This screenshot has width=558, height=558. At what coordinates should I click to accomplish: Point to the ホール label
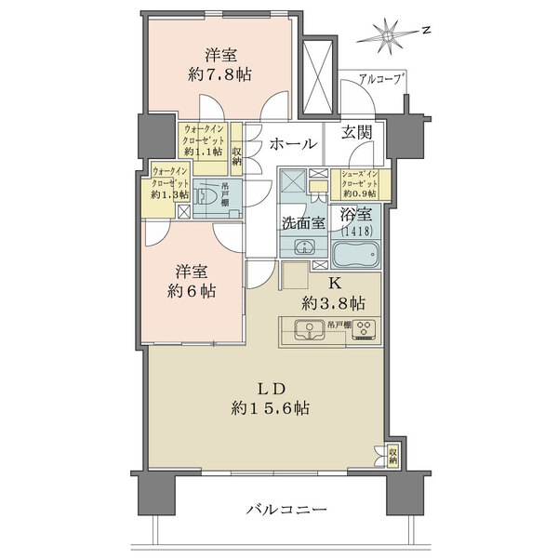click(x=295, y=144)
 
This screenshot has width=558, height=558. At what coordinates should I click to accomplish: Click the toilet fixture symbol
click(x=209, y=195)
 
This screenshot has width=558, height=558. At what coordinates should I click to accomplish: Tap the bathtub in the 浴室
click(x=357, y=253)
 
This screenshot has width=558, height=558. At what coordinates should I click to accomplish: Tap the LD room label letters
click(x=272, y=388)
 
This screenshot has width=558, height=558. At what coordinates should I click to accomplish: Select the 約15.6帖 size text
click(x=272, y=408)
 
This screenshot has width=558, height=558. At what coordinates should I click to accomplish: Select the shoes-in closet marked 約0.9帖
click(x=357, y=183)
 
